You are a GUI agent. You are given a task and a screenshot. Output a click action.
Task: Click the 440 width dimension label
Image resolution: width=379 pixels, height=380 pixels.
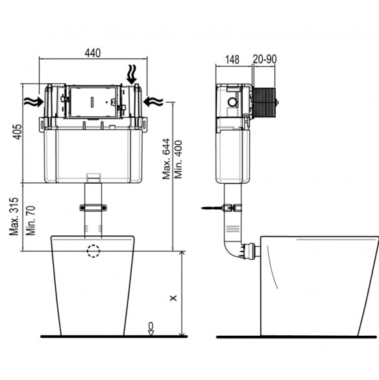(93, 53)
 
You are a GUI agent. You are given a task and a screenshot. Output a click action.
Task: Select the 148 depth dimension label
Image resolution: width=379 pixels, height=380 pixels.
(232, 59)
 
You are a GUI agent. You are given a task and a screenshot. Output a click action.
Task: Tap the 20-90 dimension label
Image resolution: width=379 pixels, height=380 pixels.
(265, 59)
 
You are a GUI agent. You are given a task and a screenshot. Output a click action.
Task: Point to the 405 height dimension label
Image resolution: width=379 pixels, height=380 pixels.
(17, 132)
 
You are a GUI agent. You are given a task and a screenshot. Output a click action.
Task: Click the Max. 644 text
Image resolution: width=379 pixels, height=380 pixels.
(166, 158)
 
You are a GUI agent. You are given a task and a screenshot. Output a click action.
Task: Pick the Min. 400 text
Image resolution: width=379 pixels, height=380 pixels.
(178, 159)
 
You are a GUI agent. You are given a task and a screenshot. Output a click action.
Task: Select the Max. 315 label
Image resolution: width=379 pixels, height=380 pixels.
(14, 216)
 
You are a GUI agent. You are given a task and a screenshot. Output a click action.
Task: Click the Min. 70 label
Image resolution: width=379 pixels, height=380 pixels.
(31, 221)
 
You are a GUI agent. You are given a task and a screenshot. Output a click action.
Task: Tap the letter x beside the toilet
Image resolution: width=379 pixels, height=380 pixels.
(173, 298)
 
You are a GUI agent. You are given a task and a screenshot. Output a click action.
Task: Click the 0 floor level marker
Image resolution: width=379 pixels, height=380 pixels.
(151, 325)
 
